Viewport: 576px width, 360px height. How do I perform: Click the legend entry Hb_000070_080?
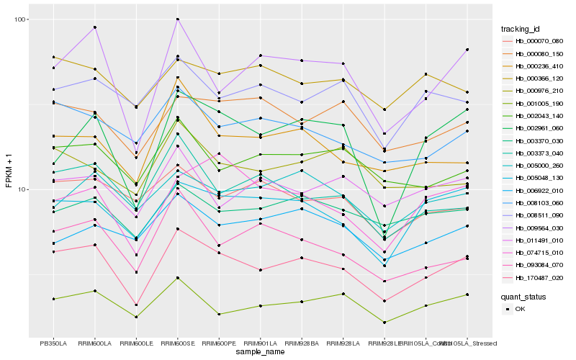pos(534,41)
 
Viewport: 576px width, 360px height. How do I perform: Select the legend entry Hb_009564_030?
pos(534,228)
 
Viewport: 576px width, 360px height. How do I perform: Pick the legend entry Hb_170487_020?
pos(534,277)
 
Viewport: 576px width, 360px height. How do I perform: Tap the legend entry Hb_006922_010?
pos(534,190)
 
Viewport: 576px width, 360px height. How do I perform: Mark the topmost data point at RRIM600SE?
pos(178,19)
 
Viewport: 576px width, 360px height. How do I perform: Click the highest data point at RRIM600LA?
pos(95,27)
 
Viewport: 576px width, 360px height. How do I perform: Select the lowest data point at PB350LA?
pos(53,299)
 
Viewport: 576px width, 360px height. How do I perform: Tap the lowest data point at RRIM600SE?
pos(178,278)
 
